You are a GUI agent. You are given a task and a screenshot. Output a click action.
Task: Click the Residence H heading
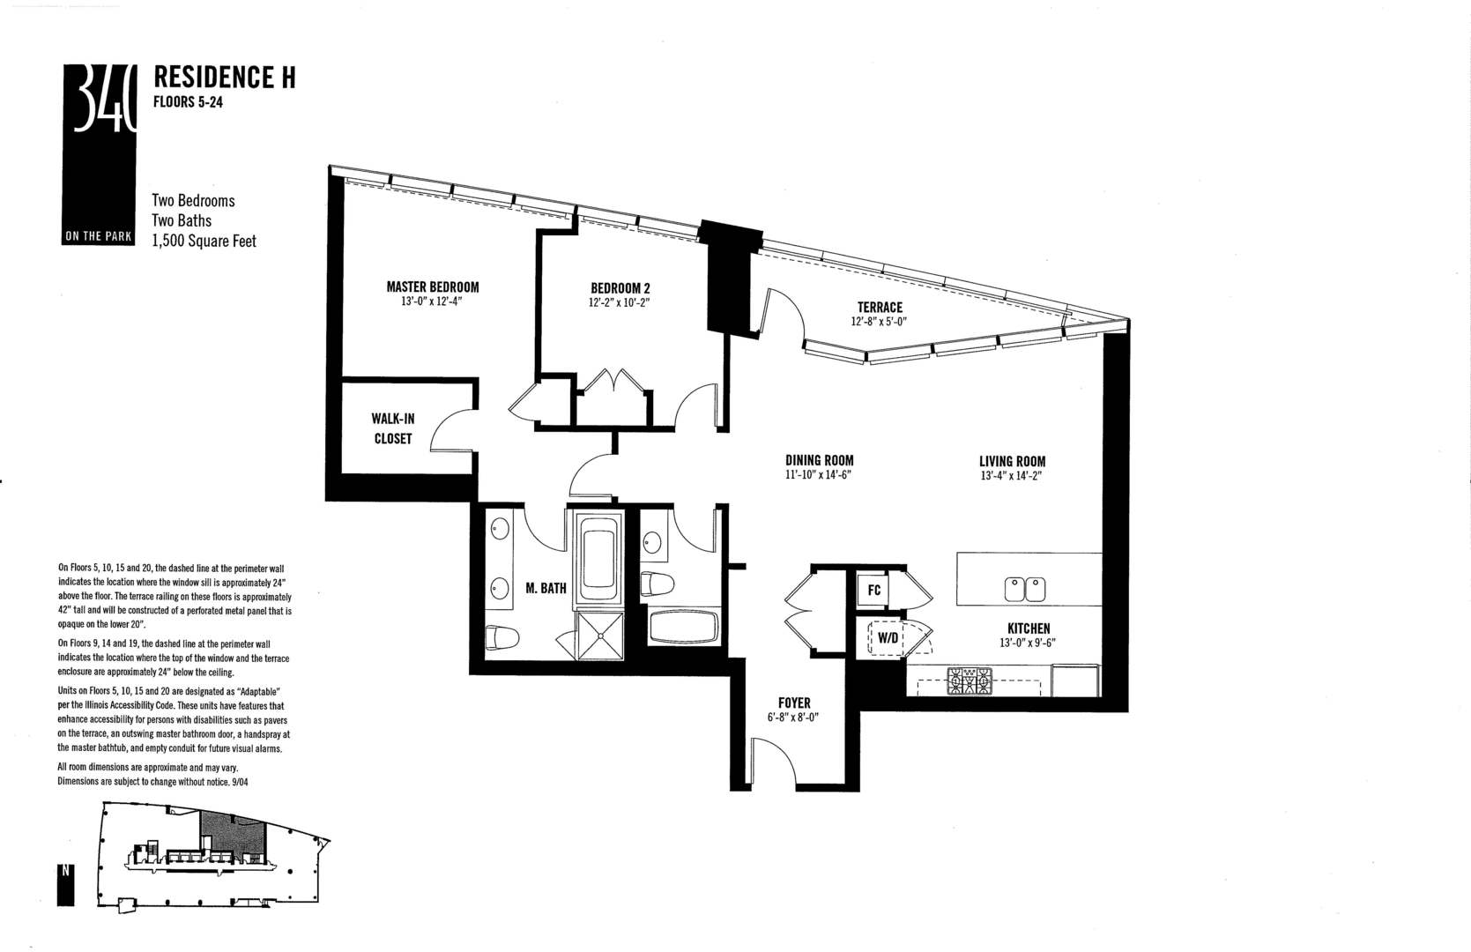pyautogui.click(x=224, y=78)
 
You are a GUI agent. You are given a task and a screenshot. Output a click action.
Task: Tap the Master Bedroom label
pyautogui.click(x=432, y=286)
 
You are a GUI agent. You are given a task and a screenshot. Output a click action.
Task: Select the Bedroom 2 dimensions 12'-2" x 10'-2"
pyautogui.click(x=620, y=302)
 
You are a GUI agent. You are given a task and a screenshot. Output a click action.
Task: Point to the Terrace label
pyautogui.click(x=878, y=307)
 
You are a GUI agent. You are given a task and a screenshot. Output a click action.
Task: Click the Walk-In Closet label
pyautogui.click(x=392, y=428)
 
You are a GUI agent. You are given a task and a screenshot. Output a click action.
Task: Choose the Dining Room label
pyautogui.click(x=819, y=460)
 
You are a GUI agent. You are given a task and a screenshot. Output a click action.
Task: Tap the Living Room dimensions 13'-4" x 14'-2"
pyautogui.click(x=1012, y=476)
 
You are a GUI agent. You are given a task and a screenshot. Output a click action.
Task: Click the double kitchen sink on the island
pyautogui.click(x=1025, y=589)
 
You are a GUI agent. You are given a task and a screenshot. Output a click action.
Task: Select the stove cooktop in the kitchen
pyautogui.click(x=970, y=681)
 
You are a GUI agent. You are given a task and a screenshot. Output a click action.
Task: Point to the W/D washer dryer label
pyautogui.click(x=887, y=637)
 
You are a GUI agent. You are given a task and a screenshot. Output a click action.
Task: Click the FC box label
pyautogui.click(x=873, y=590)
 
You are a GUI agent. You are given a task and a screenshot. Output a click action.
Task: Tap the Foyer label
pyautogui.click(x=794, y=703)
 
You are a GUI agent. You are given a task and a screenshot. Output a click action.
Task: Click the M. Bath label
pyautogui.click(x=546, y=588)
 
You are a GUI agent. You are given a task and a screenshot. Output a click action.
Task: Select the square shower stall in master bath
pyautogui.click(x=598, y=636)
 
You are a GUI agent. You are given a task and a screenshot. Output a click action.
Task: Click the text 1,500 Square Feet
pyautogui.click(x=204, y=241)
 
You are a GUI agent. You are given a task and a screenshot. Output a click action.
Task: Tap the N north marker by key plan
pyautogui.click(x=65, y=872)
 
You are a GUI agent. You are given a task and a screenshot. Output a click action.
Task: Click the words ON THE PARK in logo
pyautogui.click(x=98, y=237)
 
